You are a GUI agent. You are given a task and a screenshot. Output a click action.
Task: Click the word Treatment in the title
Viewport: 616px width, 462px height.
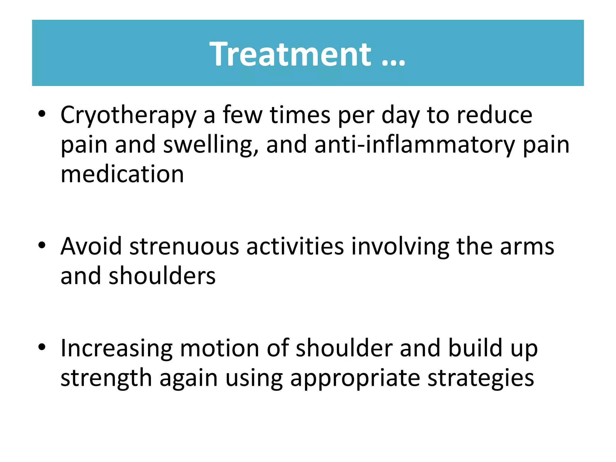[290, 54]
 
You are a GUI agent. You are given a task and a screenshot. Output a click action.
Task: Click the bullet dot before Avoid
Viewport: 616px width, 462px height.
[42, 245]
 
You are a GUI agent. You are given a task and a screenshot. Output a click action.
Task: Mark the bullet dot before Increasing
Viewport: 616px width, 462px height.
[42, 347]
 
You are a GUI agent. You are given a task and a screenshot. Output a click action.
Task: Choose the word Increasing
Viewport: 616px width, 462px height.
[116, 349]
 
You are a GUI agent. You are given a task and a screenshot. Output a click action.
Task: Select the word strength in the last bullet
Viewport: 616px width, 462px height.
[106, 378]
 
